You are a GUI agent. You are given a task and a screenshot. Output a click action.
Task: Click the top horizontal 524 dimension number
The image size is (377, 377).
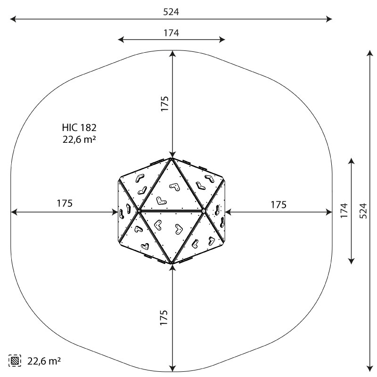point(171,12)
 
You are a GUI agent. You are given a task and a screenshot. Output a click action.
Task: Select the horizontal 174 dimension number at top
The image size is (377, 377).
point(171,33)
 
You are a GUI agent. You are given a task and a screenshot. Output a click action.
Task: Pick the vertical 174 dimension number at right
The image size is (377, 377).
point(344,211)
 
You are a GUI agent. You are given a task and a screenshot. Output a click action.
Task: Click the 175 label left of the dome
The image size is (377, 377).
point(65,204)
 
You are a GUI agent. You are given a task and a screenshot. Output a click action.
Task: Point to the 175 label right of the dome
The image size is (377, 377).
point(279,205)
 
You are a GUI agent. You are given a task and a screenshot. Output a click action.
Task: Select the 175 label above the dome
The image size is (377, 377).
point(164,104)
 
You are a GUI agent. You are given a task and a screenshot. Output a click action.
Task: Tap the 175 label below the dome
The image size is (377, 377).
point(164,318)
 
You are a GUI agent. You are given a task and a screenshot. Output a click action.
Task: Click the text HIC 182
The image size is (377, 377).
point(79,127)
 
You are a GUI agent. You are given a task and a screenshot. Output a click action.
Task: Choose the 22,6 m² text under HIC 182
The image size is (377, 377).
point(79,139)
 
